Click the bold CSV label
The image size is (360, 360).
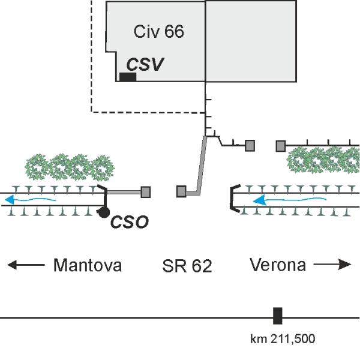click(145, 64)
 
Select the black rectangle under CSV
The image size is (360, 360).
click(128, 77)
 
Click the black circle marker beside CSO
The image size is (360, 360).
click(104, 212)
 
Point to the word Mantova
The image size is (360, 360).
click(88, 265)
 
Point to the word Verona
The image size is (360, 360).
click(277, 265)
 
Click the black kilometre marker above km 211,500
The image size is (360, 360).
click(277, 316)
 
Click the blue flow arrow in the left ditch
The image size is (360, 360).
click(35, 199)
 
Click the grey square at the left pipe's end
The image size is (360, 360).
click(145, 192)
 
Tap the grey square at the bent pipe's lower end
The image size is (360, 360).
click(181, 192)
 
